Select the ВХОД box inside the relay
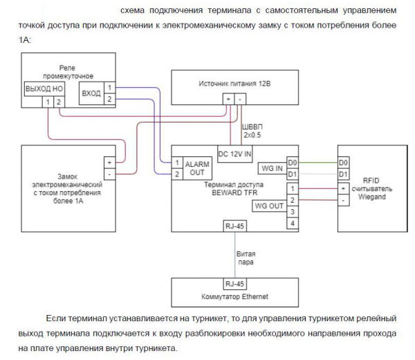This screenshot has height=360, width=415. (91, 93)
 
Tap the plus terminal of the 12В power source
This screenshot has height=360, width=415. (228, 99)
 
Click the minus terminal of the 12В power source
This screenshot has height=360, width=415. (239, 99)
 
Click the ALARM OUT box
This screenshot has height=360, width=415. (197, 168)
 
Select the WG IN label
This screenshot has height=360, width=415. (270, 168)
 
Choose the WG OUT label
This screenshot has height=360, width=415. (269, 206)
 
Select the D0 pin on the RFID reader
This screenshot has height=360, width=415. (344, 162)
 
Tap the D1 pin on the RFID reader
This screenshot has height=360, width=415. (344, 174)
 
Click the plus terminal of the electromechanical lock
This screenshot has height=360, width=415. (109, 162)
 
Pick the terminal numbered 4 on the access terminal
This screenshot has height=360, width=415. (293, 224)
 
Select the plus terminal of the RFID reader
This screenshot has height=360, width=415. (344, 188)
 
